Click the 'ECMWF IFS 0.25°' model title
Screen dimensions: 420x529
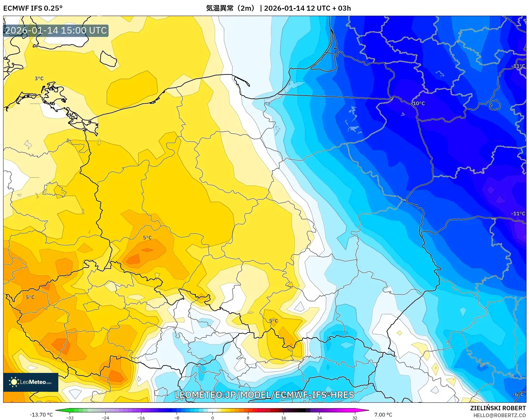coord(33,8)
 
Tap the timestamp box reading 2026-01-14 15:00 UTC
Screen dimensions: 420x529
coord(56,30)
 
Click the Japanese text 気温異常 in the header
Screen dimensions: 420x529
coord(220,8)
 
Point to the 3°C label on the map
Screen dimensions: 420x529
coord(39,78)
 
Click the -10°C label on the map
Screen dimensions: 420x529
coord(419,103)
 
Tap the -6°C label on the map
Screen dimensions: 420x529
coord(518,394)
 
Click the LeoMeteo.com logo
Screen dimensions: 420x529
coord(31,382)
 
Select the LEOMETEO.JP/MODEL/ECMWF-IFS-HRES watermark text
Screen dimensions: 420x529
coord(264,395)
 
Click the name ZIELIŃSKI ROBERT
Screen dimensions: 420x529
coord(498,408)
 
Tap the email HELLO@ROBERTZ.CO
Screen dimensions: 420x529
coord(499,415)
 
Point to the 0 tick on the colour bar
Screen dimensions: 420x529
coord(213,417)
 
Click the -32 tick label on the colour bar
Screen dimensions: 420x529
coord(70,417)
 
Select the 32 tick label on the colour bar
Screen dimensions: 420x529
coord(355,417)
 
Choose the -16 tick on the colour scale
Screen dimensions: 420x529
coord(141,417)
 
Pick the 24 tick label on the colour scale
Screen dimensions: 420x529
coord(319,417)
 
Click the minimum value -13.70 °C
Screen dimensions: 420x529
coord(41,415)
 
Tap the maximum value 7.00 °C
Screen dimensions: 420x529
coord(383,415)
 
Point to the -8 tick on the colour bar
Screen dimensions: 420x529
coord(177,417)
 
